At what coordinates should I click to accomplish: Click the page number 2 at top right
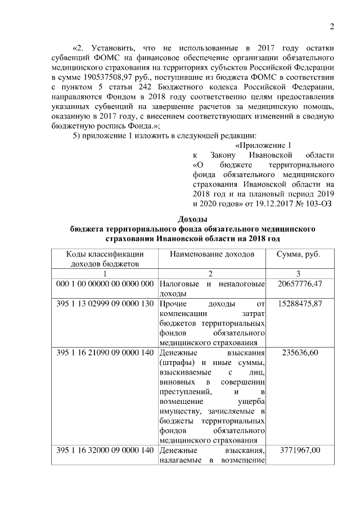pos(332,27)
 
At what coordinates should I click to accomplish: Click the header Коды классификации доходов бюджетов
pos(105,259)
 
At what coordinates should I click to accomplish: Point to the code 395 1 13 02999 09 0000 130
pos(105,303)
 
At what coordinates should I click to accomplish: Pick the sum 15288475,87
pos(299,303)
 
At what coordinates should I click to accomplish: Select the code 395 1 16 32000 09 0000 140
pos(105,451)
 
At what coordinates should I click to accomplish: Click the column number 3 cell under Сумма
pos(299,273)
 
